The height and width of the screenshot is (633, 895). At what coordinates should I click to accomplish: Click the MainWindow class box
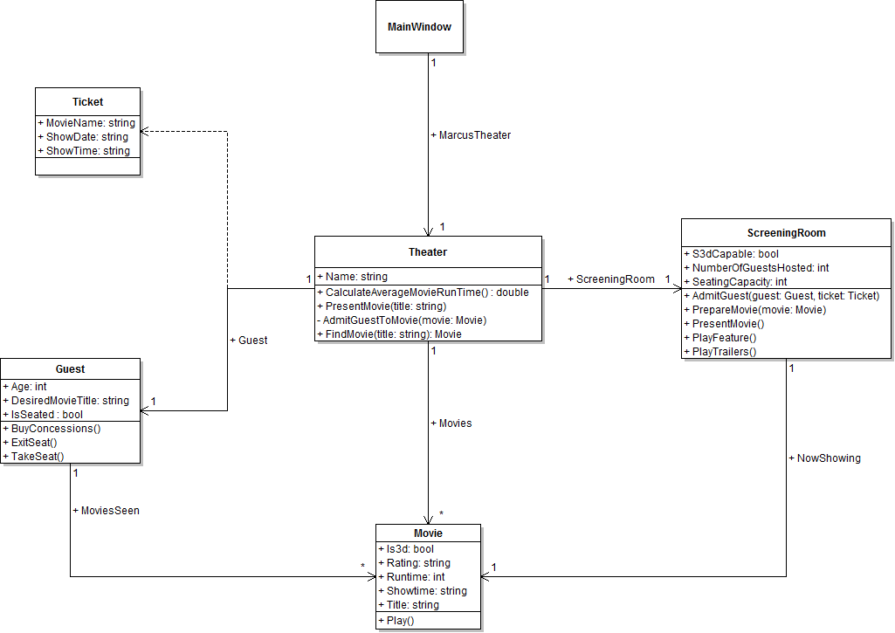click(419, 27)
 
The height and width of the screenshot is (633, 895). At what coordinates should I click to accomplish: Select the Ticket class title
click(87, 102)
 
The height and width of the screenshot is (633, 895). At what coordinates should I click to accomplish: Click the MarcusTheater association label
click(471, 135)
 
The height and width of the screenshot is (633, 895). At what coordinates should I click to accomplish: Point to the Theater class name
click(428, 252)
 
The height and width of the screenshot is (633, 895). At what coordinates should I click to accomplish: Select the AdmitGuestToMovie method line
click(401, 320)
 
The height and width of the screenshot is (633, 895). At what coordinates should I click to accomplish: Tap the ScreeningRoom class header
click(786, 233)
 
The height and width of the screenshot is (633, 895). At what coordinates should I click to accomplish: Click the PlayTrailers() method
click(719, 352)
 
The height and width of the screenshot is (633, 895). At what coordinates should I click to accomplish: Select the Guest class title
click(70, 369)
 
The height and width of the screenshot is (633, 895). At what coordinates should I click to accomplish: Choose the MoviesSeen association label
click(106, 511)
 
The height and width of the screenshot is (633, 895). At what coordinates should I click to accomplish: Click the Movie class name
click(428, 533)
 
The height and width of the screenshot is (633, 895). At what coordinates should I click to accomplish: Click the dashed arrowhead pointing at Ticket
click(146, 131)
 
